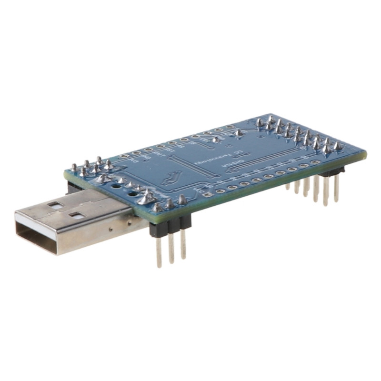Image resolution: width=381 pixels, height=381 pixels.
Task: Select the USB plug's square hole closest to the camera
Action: pyautogui.click(x=76, y=215)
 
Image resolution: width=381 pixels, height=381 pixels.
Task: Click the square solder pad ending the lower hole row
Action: pyautogui.click(x=208, y=194)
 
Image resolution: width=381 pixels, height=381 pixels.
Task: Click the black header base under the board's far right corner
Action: pyautogui.click(x=333, y=171)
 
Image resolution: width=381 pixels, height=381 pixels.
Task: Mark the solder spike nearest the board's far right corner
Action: pyautogui.click(x=338, y=146)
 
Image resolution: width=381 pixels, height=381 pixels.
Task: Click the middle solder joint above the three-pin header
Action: pyautogui.click(x=169, y=204)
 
